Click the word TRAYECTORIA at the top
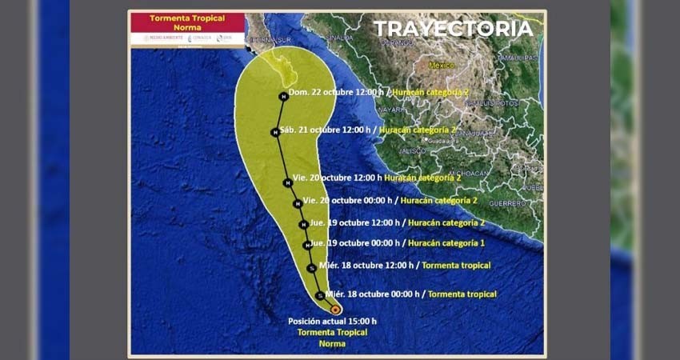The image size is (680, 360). (453, 29)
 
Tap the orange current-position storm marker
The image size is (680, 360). (335, 309)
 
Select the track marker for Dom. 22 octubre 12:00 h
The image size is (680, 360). (283, 97)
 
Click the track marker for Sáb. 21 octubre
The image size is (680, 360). (274, 132)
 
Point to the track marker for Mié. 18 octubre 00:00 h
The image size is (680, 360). (319, 296)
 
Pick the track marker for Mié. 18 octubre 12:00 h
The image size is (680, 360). (311, 268)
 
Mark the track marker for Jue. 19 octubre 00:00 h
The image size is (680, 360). (306, 245)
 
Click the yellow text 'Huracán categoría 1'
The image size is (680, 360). (446, 242)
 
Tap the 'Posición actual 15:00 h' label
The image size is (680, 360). (332, 322)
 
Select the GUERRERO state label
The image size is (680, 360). (507, 203)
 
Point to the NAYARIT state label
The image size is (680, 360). (391, 109)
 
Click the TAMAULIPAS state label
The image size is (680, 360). (516, 58)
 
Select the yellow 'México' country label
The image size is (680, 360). (441, 64)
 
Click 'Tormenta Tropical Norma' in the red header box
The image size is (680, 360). (187, 22)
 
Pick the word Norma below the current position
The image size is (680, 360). (332, 343)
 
